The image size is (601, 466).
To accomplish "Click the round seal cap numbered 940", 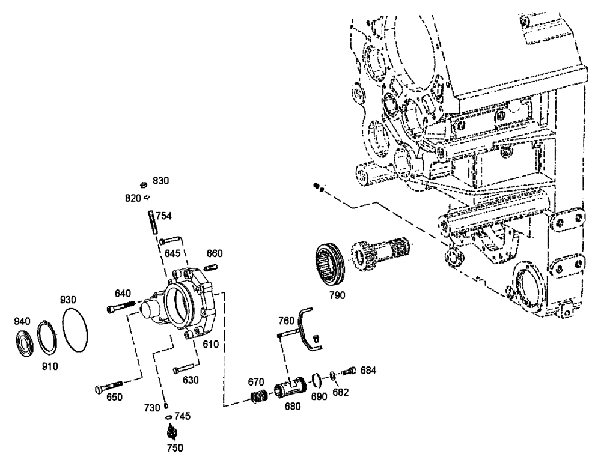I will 24,340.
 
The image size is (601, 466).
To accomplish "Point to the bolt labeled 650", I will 108,387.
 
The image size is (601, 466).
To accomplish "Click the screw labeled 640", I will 121,307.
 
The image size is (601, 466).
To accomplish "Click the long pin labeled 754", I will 152,225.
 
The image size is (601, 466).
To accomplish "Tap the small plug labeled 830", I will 144,184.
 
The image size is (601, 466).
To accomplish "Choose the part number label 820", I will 133,198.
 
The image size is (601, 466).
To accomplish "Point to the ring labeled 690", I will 316,380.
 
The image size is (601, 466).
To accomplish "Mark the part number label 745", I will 183,415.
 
